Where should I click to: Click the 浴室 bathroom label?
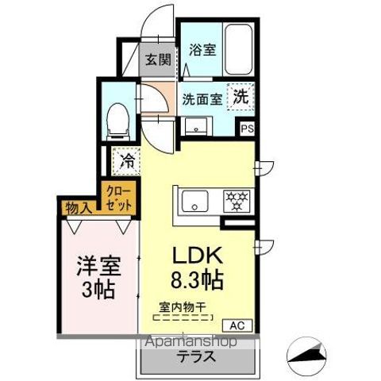pos(202,50)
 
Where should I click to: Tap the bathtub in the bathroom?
pos(238,50)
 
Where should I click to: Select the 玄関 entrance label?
pos(159,60)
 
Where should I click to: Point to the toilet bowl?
pos(118,121)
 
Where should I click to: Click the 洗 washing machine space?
pos(241,96)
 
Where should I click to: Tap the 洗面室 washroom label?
pos(202,99)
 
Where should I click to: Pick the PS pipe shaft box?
pos(248,129)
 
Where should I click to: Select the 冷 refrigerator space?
pos(126,161)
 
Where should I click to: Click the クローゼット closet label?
pos(119,198)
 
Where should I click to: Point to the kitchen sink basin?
pos(195,201)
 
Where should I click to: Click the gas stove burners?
pos(237,201)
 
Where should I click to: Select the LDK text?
pos(198,256)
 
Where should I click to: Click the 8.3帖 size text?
pos(198,279)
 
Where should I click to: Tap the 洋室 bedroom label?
pos(99,266)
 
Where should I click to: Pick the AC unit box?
pos(237,325)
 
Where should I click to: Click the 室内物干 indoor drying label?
pos(183,307)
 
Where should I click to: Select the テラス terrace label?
pos(196,356)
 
